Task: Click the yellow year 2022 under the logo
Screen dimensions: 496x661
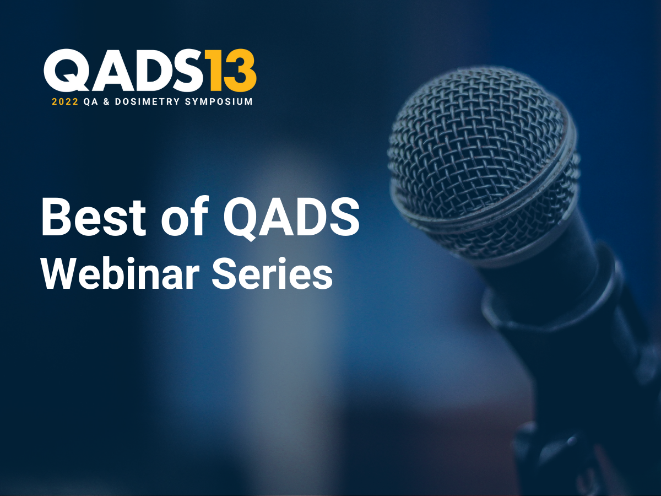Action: (65, 102)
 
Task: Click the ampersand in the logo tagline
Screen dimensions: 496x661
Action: (103, 102)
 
